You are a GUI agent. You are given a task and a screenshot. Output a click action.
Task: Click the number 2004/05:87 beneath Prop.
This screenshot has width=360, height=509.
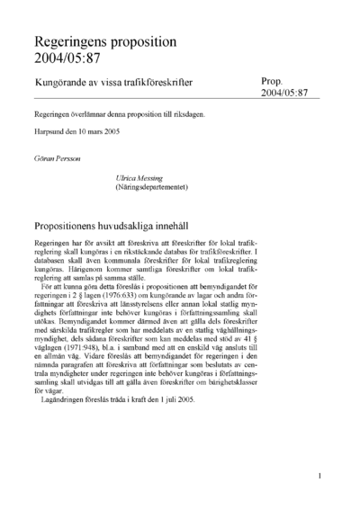283,93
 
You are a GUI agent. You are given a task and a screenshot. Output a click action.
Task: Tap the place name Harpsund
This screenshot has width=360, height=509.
49,133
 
